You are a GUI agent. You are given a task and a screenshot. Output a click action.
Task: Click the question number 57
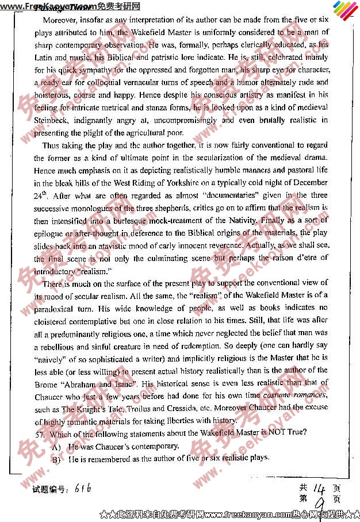pyautogui.click(x=39, y=433)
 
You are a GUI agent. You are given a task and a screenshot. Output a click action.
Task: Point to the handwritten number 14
pyautogui.click(x=320, y=488)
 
